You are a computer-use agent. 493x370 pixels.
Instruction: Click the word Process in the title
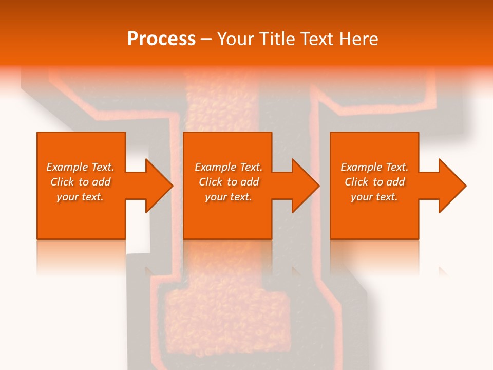161,39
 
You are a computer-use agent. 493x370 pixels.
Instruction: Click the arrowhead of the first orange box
159,186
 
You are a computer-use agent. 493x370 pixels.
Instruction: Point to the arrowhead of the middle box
306,186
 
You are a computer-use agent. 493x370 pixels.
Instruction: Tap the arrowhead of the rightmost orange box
452,186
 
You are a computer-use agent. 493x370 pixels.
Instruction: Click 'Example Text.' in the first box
80,167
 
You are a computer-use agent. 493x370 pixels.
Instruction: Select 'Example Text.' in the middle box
228,167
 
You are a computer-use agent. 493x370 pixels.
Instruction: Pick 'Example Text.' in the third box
374,167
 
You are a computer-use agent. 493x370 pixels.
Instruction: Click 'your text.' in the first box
80,197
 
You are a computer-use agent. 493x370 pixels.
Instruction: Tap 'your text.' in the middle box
228,197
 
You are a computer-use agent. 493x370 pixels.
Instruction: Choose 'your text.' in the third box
374,197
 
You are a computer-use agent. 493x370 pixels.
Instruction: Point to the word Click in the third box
357,182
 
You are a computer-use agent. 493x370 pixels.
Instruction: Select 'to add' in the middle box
243,182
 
